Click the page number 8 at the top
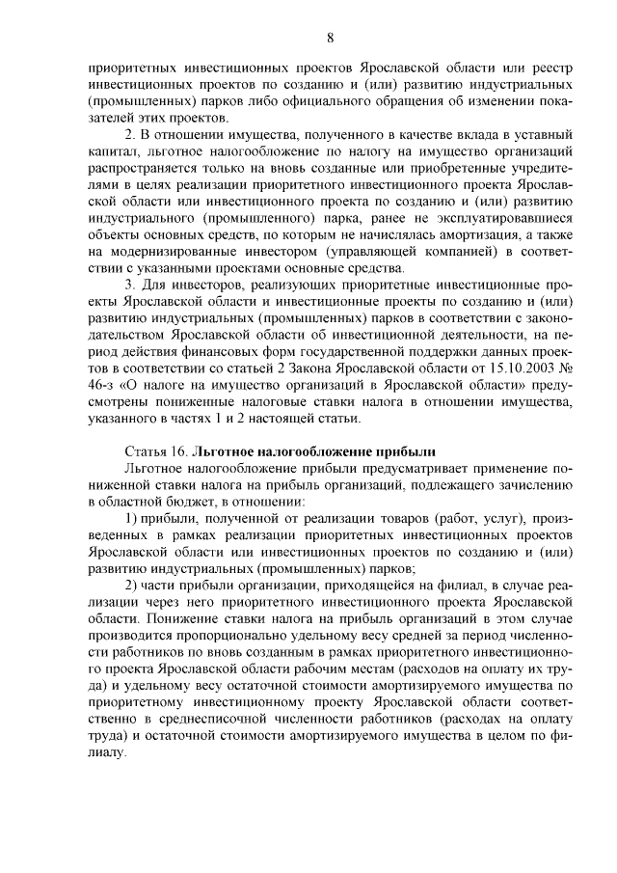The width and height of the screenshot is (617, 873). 330,38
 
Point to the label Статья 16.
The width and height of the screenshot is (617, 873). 156,451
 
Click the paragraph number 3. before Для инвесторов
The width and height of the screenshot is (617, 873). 131,285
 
